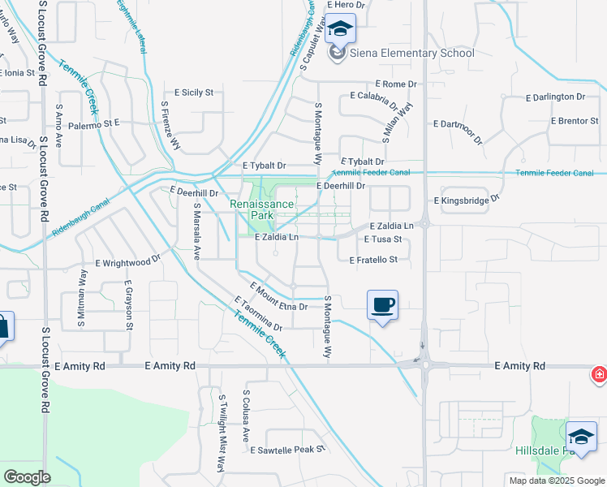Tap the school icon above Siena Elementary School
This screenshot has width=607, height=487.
pos(340,30)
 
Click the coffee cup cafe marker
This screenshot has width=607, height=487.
pos(382,305)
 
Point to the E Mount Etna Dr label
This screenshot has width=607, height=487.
pos(279,297)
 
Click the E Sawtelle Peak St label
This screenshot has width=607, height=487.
pos(287,449)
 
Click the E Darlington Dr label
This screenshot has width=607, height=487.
pos(548,97)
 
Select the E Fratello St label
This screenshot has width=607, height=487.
pos(373,260)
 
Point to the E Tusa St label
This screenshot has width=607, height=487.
pos(383,239)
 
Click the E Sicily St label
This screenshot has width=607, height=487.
pos(187,93)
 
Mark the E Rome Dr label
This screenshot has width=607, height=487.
pos(395,84)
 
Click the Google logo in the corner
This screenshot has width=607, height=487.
pos(27,477)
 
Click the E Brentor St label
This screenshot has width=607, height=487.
pos(574,121)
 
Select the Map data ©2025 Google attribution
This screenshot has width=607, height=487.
pos(557,481)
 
